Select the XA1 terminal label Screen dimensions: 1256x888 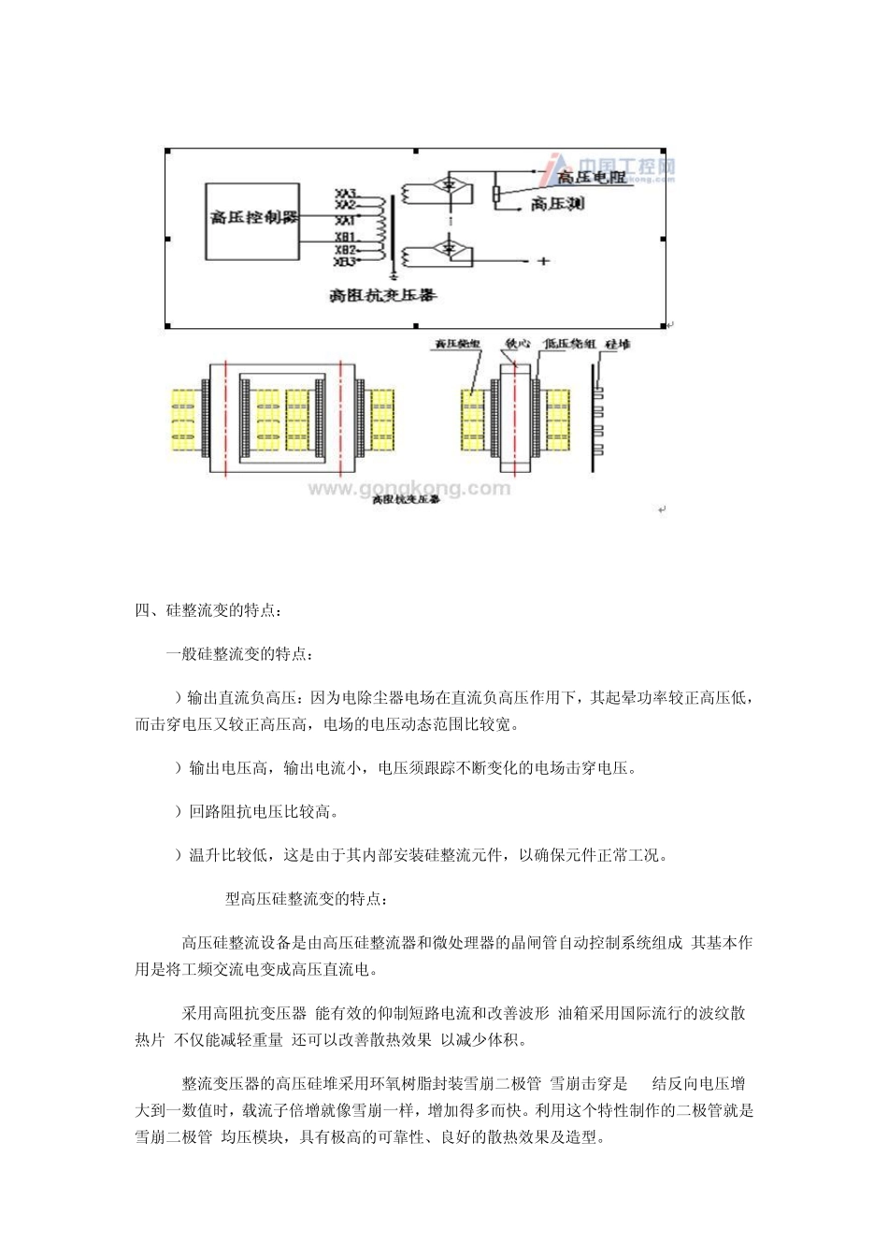coord(345,221)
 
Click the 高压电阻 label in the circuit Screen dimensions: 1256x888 coord(591,177)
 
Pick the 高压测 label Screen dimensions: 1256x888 coord(557,203)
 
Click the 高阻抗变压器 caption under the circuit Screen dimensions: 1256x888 coord(383,296)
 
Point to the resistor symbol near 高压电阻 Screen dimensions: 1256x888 coord(496,193)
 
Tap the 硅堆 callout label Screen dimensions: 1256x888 coord(619,344)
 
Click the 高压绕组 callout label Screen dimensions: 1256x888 coord(457,344)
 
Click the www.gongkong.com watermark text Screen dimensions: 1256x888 coord(409,487)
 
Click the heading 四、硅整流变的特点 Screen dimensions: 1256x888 coord(208,611)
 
